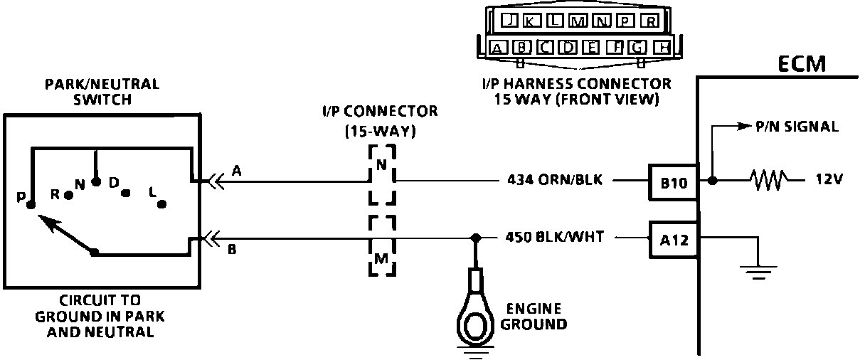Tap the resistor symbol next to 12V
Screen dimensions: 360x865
tap(767, 181)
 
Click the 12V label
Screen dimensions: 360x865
tap(827, 181)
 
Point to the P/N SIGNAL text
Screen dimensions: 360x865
tap(797, 127)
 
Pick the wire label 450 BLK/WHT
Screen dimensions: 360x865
tap(554, 238)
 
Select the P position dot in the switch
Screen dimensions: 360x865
tap(30, 205)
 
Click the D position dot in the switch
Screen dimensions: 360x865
tap(125, 192)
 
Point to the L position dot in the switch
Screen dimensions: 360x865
tap(162, 203)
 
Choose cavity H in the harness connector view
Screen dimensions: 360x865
tap(662, 48)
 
